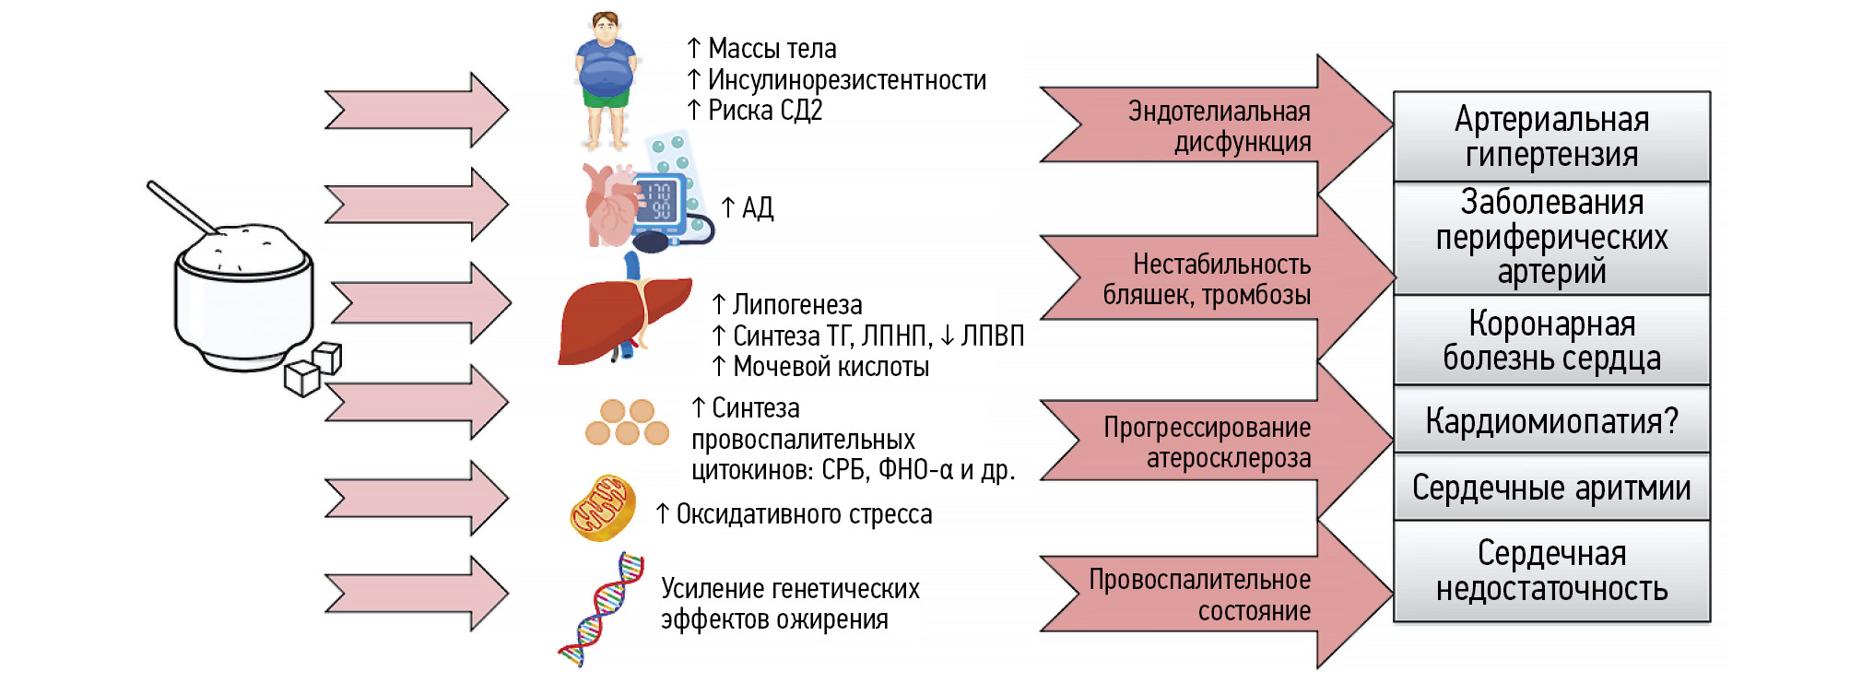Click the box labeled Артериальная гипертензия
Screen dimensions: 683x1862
point(1551,136)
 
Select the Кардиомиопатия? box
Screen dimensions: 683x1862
point(1551,420)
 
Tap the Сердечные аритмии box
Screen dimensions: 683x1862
point(1551,488)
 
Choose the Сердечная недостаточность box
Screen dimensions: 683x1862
point(1551,571)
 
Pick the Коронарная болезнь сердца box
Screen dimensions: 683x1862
point(1551,340)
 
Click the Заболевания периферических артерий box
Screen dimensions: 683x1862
point(1551,238)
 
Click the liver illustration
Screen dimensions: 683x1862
point(623,319)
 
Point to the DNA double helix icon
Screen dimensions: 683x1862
point(601,608)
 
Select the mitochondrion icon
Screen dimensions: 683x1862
point(603,508)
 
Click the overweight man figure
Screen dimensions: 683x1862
point(606,79)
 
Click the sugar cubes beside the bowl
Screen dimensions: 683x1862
point(313,368)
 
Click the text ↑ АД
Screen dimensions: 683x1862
point(748,208)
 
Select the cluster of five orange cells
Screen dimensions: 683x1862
point(627,422)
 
